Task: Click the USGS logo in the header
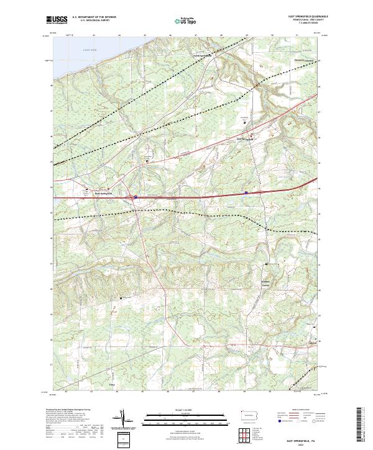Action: coord(57,20)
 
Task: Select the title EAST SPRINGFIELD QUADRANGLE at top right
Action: coord(298,17)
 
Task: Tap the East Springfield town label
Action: coord(103,193)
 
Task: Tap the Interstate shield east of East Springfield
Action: coord(246,193)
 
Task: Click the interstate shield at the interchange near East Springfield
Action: coord(134,197)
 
